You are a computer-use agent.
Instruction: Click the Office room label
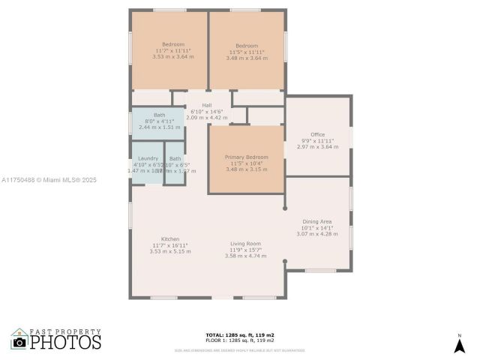[x=317, y=134]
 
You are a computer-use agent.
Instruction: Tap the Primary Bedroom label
[x=246, y=157]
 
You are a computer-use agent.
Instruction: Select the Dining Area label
[x=317, y=221]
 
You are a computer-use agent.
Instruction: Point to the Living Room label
[x=245, y=243]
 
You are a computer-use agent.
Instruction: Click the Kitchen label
[x=171, y=238]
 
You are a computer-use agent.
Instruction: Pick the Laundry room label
[x=148, y=158]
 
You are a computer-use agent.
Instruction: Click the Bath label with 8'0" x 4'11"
[x=160, y=115]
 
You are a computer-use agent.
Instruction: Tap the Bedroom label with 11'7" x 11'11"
[x=172, y=44]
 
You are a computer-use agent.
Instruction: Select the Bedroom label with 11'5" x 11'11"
[x=246, y=44]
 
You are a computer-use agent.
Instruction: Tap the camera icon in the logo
[x=19, y=342]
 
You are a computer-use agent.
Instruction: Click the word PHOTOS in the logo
[x=65, y=342]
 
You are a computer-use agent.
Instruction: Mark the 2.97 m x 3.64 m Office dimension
[x=317, y=146]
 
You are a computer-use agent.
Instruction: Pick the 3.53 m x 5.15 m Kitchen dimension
[x=171, y=251]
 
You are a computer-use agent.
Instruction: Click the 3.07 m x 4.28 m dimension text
[x=317, y=234]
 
